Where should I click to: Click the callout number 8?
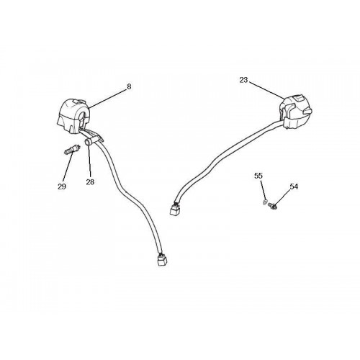tap(129, 86)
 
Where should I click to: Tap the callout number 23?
tap(243, 80)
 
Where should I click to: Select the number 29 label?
tap(62, 186)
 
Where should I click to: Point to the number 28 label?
tap(90, 182)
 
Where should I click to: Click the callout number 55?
tap(258, 176)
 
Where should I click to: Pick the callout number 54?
tap(294, 186)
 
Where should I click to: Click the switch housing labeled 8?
tap(73, 116)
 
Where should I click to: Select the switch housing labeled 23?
tap(296, 112)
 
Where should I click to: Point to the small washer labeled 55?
tap(265, 202)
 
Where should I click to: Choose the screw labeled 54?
tap(273, 204)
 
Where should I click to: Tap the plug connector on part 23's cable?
tap(175, 209)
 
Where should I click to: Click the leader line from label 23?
tap(266, 90)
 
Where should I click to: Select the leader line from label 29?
tap(67, 167)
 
